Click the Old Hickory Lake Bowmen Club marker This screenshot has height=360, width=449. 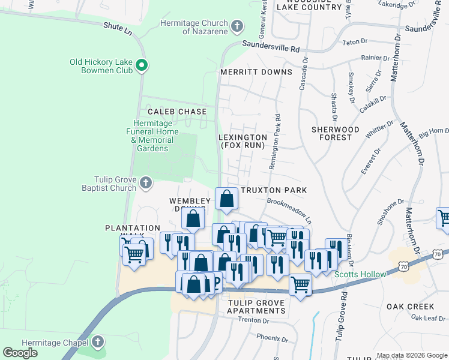click(142, 65)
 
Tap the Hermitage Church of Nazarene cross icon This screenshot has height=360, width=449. click(237, 26)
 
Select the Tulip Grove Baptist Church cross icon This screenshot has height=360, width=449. click(145, 182)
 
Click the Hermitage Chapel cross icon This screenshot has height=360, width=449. click(98, 342)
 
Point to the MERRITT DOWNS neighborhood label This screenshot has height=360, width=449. click(256, 72)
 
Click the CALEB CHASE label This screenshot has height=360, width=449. click(177, 112)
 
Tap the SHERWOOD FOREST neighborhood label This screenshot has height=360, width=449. click(336, 133)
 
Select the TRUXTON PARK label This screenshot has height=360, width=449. click(274, 190)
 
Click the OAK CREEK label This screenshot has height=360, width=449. click(410, 307)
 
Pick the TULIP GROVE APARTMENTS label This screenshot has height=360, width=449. click(256, 307)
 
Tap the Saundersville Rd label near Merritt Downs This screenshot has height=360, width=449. click(270, 46)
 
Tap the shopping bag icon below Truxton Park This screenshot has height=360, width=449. click(226, 199)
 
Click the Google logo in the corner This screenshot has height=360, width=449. click(20, 353)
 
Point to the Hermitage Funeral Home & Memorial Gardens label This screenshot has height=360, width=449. click(152, 136)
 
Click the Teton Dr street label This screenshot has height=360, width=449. click(354, 42)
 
